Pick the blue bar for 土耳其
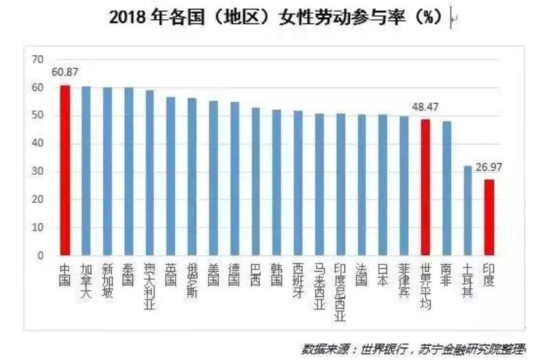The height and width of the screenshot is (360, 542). pos(468,210)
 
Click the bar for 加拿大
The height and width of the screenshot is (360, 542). pos(86,171)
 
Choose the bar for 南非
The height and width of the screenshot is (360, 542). pos(447,188)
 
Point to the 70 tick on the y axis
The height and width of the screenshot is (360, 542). pos(37,60)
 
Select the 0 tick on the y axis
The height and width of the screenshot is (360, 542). pos(40,255)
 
